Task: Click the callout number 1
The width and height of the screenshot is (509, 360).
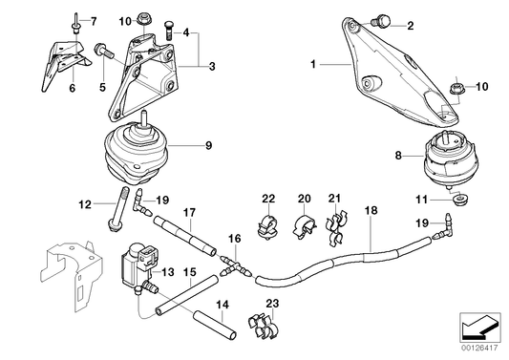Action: click(x=311, y=65)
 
